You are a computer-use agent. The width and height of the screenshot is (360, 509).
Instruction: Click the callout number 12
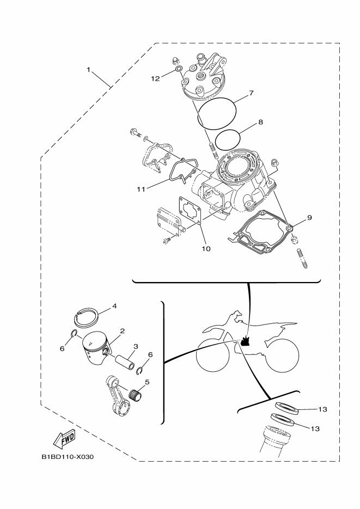155,78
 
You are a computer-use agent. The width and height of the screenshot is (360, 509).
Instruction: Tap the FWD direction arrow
65,437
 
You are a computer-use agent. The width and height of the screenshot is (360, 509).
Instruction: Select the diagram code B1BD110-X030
68,457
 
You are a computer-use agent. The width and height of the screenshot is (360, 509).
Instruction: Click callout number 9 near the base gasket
309,218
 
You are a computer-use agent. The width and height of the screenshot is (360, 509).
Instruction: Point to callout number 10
206,249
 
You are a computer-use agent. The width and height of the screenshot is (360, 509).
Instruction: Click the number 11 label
141,189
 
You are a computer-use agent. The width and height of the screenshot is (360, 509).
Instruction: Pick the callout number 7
251,93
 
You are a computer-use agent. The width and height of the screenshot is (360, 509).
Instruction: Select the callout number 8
260,122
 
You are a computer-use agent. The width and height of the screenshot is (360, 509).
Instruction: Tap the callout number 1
88,70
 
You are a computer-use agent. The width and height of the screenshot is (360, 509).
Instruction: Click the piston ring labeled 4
86,317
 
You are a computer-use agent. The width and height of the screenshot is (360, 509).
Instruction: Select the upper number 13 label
322,409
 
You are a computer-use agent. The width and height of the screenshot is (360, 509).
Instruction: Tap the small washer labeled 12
178,70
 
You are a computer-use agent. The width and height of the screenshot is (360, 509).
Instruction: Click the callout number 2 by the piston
123,331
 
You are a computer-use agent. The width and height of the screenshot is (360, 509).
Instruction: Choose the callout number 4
114,306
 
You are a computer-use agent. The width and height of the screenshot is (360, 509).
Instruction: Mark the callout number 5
147,382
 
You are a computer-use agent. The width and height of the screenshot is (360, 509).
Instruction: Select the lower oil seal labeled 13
283,420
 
